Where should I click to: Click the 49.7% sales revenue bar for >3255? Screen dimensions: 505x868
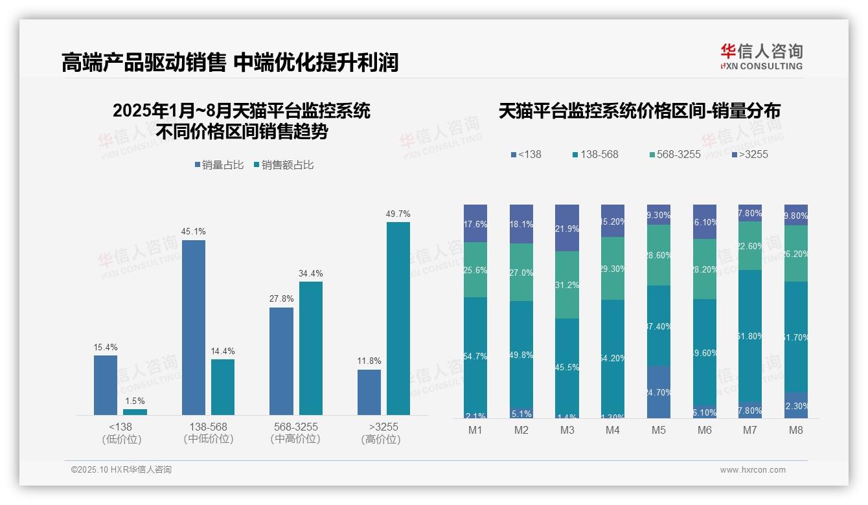pos(398,318)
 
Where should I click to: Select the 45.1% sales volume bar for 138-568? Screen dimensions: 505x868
pos(194,327)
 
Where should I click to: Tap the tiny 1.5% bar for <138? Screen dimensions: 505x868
pos(135,412)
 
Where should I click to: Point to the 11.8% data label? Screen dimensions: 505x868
pos(369,361)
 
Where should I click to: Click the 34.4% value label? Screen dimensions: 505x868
pos(310,273)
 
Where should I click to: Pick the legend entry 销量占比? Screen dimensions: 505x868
pos(218,165)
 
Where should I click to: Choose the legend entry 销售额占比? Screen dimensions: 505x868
pos(284,165)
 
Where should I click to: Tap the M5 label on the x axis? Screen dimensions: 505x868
pos(659,431)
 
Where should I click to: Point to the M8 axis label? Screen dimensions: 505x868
pos(796,431)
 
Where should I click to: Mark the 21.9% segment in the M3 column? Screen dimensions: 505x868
pos(567,228)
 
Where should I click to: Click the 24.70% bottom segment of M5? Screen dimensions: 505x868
pos(659,392)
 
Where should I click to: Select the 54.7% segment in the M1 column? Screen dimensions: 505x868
pos(475,357)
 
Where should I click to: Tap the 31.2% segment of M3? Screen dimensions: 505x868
pos(567,285)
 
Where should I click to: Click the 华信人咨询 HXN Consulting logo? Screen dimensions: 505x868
pos(761,57)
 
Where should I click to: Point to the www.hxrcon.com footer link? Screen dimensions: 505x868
pos(753,470)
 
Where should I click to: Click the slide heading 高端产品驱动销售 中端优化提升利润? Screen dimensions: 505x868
pos(229,62)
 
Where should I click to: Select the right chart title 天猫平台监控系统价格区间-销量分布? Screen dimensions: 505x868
pos(639,111)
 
